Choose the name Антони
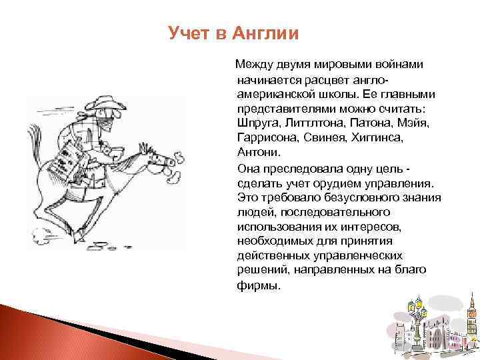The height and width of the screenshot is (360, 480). (x=254, y=152)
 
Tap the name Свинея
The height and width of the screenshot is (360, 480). (x=323, y=137)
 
